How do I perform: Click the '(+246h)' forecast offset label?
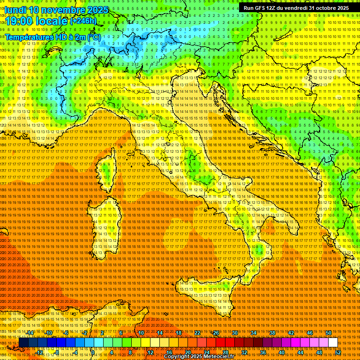pyautogui.click(x=83, y=21)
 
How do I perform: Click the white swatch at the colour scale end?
pyautogui.click(x=333, y=343)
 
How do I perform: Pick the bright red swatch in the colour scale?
pyautogui.click(x=220, y=343)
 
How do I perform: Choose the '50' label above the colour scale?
pyautogui.click(x=328, y=333)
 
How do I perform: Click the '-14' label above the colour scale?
pyautogui.click(x=30, y=333)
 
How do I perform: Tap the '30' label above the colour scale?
pyautogui.click(x=235, y=333)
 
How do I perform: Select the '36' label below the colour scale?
pyautogui.click(x=263, y=352)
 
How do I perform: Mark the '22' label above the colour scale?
pyautogui.click(x=197, y=333)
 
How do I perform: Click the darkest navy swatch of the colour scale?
pyautogui.click(x=23, y=343)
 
